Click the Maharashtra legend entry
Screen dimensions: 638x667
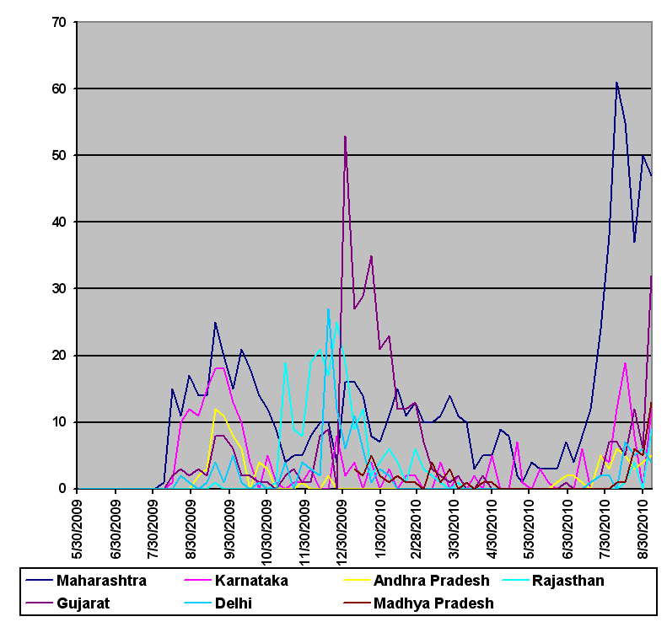coord(100,581)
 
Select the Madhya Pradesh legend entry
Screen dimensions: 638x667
coord(433,603)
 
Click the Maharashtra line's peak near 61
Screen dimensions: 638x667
coord(616,83)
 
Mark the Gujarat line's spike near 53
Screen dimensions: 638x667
coord(345,136)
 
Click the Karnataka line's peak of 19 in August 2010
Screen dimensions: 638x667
coord(625,362)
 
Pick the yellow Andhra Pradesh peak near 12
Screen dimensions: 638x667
coord(216,409)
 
